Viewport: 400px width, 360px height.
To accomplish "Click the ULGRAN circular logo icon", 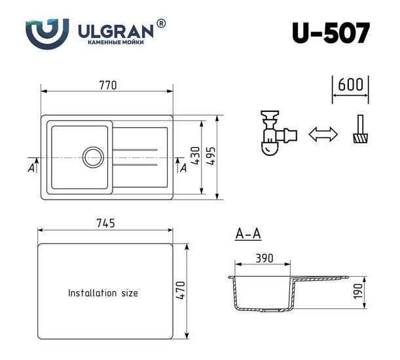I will tap(47, 33).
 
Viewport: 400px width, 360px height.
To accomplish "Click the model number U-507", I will tap(331, 32).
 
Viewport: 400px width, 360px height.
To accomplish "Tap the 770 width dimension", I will tap(107, 85).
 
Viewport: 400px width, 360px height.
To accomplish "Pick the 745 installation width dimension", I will tap(105, 223).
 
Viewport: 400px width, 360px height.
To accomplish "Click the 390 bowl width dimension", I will tap(263, 259).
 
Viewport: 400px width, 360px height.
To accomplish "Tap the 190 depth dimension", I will tap(359, 291).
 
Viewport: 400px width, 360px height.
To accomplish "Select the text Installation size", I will tap(103, 293).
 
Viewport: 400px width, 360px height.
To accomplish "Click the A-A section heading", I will tap(248, 234).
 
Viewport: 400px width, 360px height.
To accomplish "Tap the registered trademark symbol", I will tap(162, 23).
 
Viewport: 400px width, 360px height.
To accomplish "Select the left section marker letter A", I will tap(31, 168).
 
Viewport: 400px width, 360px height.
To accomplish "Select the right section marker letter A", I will tap(183, 168).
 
